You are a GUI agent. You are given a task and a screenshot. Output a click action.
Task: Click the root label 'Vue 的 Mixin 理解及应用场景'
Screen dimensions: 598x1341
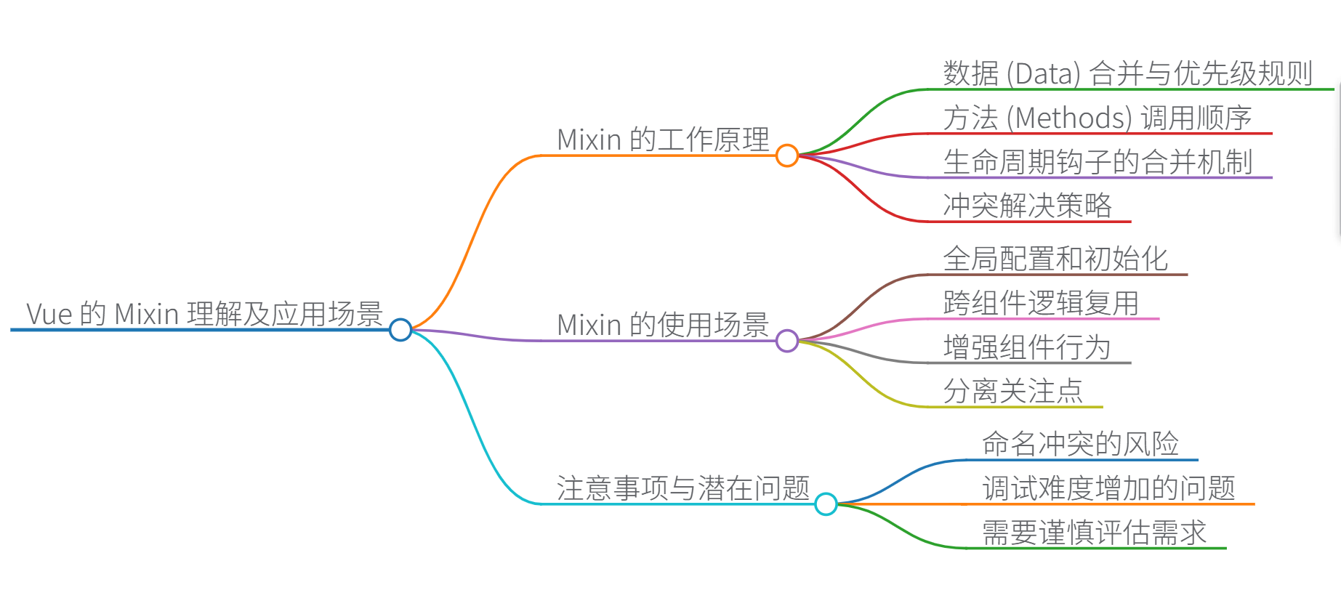[204, 314]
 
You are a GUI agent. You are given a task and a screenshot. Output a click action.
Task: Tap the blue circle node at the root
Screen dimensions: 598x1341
[400, 330]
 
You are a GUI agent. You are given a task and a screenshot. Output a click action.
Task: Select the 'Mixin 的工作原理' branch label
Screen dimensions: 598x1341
[663, 140]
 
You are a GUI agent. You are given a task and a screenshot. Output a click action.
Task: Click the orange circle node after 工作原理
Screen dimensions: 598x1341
[787, 155]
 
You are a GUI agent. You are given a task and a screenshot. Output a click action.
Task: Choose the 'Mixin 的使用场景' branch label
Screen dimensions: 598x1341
[663, 325]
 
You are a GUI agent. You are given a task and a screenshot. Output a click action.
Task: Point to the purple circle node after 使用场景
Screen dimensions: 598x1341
[787, 341]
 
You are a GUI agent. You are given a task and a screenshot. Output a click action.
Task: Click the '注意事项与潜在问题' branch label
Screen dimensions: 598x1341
[683, 488]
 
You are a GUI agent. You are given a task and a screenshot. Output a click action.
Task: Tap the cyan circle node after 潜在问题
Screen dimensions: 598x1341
[826, 504]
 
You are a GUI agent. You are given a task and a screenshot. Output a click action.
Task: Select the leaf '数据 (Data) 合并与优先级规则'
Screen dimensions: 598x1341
[1127, 73]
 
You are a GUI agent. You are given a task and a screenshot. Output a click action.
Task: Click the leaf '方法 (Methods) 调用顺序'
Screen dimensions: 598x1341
[1097, 118]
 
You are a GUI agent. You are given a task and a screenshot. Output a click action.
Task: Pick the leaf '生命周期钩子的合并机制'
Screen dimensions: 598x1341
[1098, 161]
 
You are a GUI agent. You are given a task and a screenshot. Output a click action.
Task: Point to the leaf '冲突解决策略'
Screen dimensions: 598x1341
[1027, 206]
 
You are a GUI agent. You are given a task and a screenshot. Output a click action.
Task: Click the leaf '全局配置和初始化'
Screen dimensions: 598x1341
[1055, 259]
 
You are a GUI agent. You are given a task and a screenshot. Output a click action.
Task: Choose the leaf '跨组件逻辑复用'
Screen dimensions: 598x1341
[1041, 303]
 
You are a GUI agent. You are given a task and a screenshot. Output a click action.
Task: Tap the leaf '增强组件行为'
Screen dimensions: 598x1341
[1027, 347]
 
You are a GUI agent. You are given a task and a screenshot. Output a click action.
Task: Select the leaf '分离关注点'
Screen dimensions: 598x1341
[1013, 391]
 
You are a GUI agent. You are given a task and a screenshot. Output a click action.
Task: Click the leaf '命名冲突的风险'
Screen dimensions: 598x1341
[1080, 444]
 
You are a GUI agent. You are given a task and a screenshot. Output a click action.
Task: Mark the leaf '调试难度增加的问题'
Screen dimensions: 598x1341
[1108, 488]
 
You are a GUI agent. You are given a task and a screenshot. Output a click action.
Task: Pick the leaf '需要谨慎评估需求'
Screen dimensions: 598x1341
[1094, 533]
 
